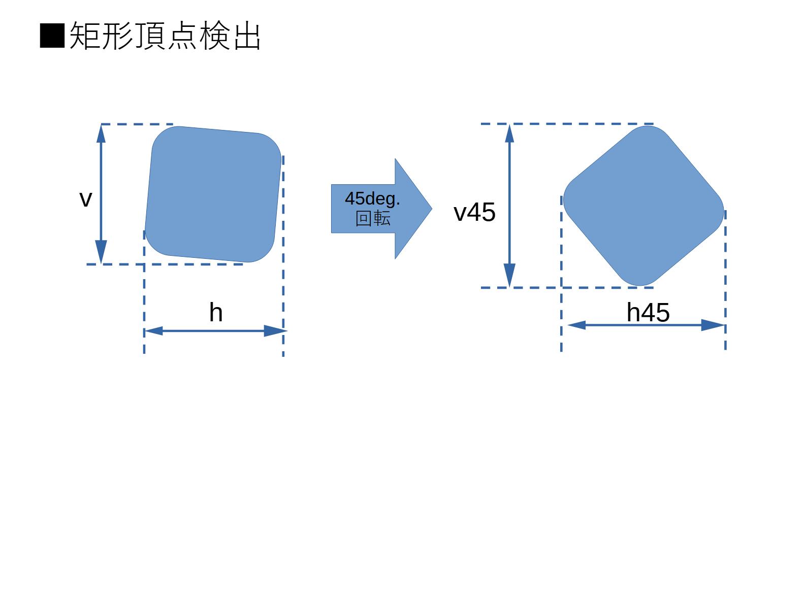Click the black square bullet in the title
pos(52,36)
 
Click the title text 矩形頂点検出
pos(165,36)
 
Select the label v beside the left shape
pos(85,199)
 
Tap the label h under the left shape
pos(216,313)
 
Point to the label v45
pos(474,212)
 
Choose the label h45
pos(648,312)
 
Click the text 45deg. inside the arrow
pos(372,198)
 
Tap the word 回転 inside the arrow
pos(373,219)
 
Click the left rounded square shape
pos(213,194)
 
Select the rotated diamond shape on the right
pos(643,206)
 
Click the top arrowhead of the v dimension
pos(101,133)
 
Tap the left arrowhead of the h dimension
pos(153,331)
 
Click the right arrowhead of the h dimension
pos(275,331)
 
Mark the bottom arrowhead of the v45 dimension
pos(509,277)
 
